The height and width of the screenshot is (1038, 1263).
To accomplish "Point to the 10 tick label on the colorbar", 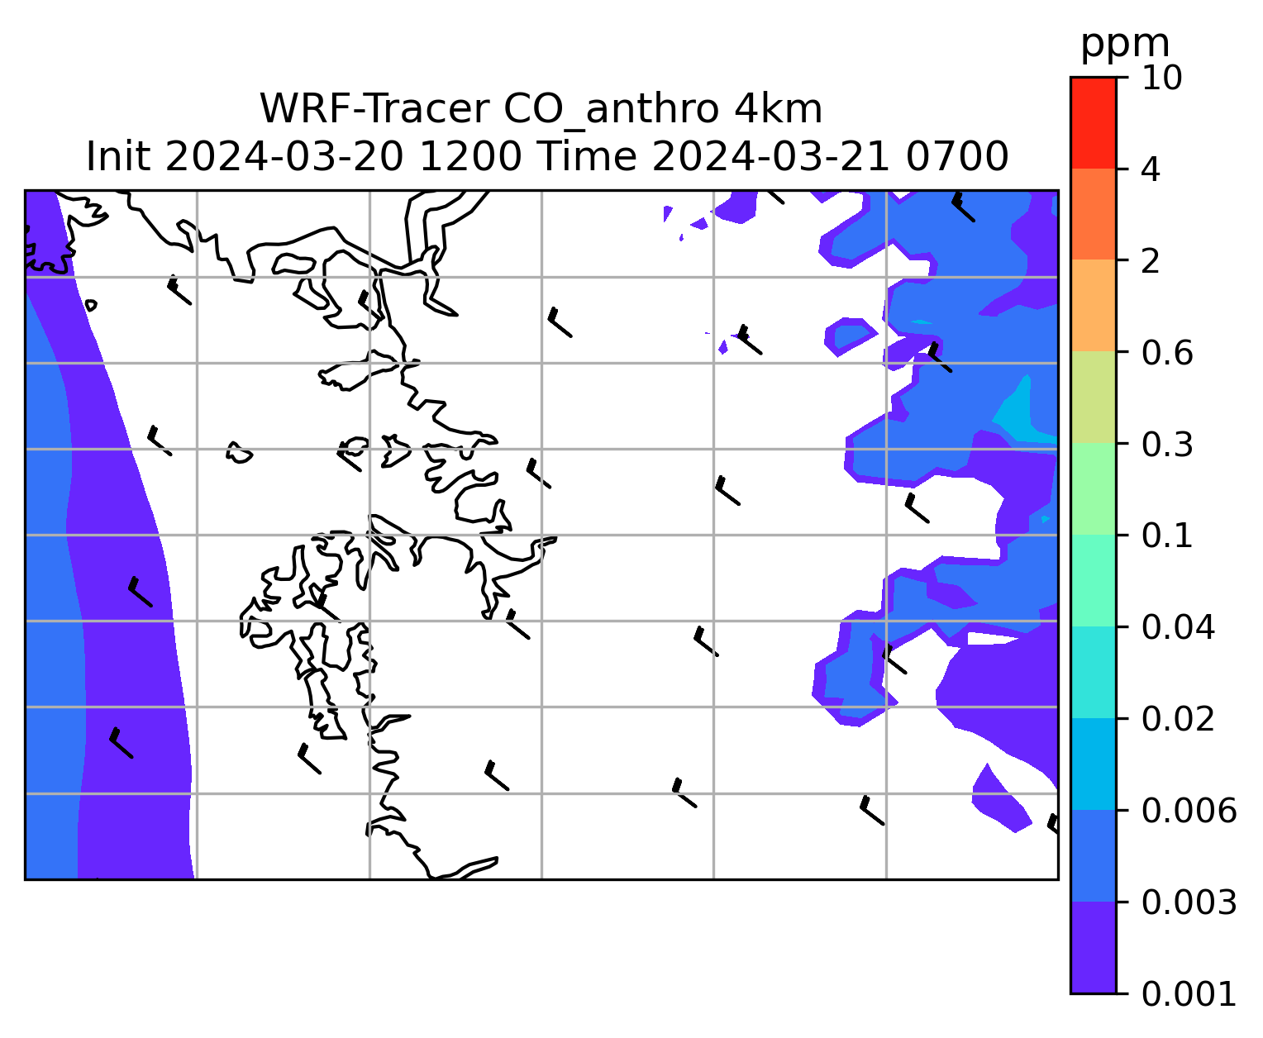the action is (x=1161, y=78).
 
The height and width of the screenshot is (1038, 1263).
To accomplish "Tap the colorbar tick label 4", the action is (x=1151, y=169).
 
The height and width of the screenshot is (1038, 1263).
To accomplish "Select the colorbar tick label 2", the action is (x=1151, y=261).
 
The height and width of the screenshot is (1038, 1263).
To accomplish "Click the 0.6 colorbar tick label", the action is (x=1167, y=353).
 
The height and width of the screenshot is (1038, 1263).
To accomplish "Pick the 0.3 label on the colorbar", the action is (x=1167, y=444).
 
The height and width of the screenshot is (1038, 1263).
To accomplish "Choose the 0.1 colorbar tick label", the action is (x=1167, y=536).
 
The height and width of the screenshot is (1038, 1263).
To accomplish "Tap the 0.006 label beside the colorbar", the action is (x=1189, y=811).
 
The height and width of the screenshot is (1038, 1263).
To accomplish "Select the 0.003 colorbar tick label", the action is (x=1189, y=902).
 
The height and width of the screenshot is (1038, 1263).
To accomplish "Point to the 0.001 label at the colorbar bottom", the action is (x=1189, y=993).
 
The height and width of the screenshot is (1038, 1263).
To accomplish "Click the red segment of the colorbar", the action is (x=1094, y=122).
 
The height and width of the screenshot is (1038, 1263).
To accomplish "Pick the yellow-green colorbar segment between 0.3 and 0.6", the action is (x=1094, y=397).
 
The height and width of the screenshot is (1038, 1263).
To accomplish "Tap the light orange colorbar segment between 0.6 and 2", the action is (x=1094, y=305).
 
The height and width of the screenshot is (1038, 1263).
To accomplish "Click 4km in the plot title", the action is (x=779, y=109).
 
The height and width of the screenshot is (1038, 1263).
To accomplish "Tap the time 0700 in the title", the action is (x=957, y=157).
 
